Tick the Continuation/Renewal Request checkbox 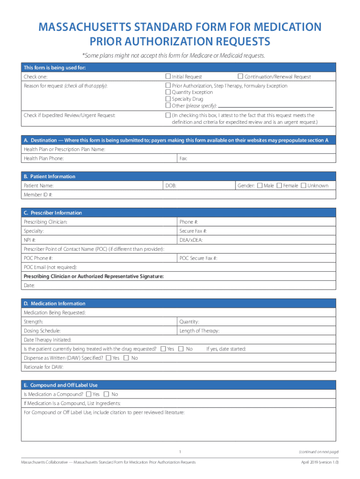click(x=240, y=76)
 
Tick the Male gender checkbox click(x=260, y=186)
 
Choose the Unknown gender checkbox click(x=303, y=186)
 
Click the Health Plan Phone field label click(x=43, y=159)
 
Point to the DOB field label click(x=171, y=186)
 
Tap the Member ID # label click(x=38, y=195)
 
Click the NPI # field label click(x=30, y=240)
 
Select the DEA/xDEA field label click(x=191, y=240)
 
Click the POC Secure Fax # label click(x=198, y=258)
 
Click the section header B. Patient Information click(x=49, y=176)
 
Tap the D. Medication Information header click(x=54, y=304)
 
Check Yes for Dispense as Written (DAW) click(x=108, y=358)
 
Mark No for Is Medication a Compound click(x=107, y=394)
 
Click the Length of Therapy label click(x=199, y=331)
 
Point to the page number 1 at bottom click(x=180, y=451)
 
